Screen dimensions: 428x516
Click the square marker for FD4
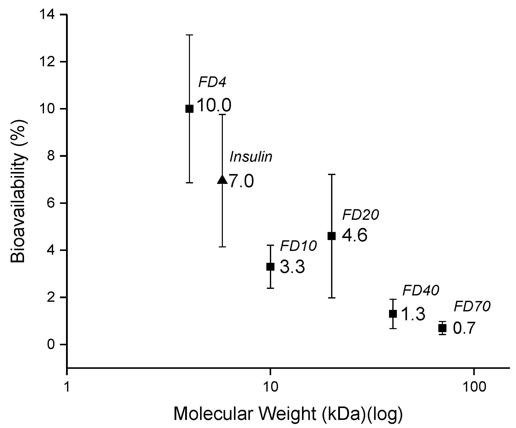189,109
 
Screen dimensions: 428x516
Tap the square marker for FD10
270,267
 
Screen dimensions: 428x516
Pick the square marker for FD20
331,236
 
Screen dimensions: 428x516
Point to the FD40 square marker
393,314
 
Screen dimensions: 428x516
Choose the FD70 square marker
442,328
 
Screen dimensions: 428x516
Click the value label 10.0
214,105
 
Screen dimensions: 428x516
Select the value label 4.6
355,236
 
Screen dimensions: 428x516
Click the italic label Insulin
251,157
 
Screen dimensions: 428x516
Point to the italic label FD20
360,215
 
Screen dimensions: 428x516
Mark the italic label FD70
472,307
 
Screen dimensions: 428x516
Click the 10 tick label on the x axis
270,387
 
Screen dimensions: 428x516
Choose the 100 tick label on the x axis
473,387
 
